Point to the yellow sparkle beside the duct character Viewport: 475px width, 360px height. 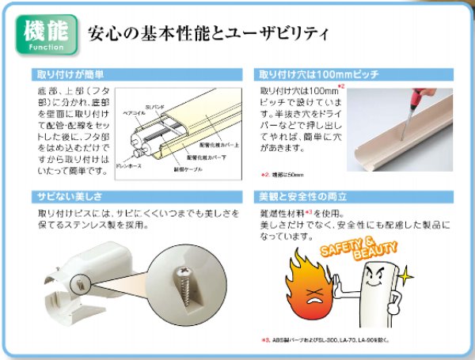pos(406,275)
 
